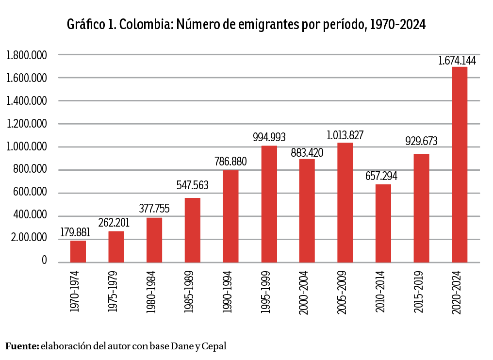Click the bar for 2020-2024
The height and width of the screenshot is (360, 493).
pyautogui.click(x=460, y=164)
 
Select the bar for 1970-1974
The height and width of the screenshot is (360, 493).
pyautogui.click(x=78, y=251)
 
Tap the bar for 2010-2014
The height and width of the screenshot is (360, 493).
pyautogui.click(x=383, y=223)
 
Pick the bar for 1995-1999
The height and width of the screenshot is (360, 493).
pyautogui.click(x=269, y=204)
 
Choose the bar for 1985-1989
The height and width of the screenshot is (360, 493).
pyautogui.click(x=193, y=230)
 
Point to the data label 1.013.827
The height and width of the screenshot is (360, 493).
pyautogui.click(x=345, y=135)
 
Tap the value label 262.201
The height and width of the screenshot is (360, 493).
pyautogui.click(x=116, y=223)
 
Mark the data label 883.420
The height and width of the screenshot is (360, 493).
pyautogui.click(x=307, y=152)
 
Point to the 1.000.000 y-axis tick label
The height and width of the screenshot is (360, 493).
pyautogui.click(x=27, y=147)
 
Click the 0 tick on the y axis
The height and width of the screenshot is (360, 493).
pyautogui.click(x=44, y=262)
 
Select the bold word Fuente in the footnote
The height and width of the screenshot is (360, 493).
pyautogui.click(x=22, y=346)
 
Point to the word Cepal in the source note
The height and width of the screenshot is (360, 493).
pyautogui.click(x=214, y=346)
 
